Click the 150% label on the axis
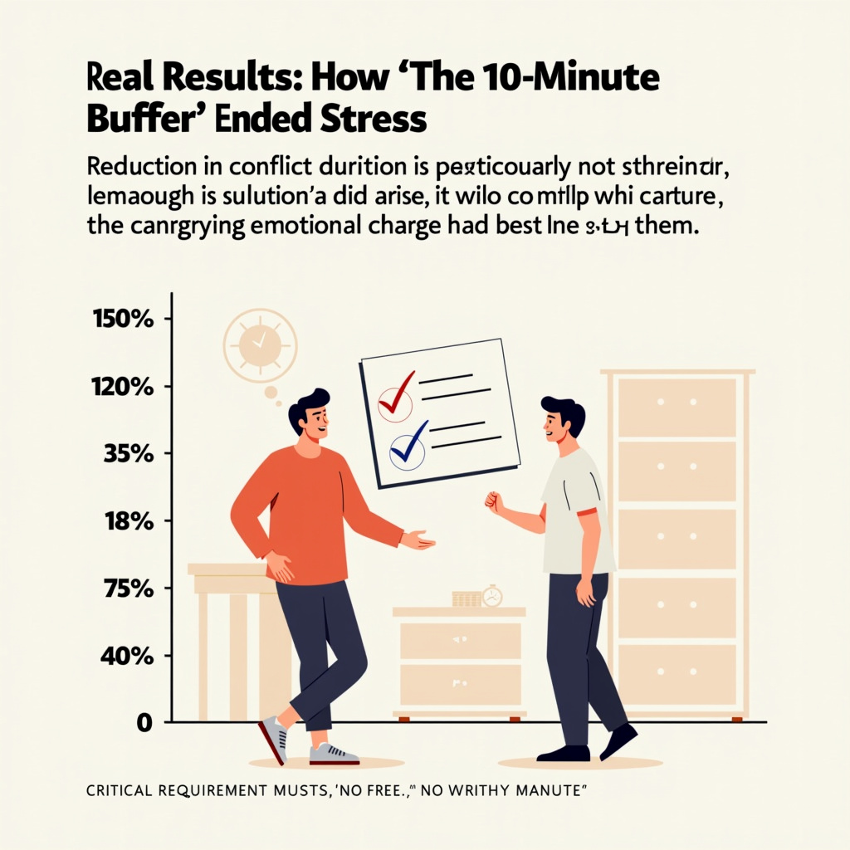click(125, 320)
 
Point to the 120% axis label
click(125, 387)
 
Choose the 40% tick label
click(127, 657)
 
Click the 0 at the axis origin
click(144, 723)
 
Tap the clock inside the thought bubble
click(258, 343)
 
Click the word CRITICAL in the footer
click(122, 791)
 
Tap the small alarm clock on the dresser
click(492, 595)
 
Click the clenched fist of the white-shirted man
click(494, 502)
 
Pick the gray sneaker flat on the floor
click(334, 754)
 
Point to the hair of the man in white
click(565, 411)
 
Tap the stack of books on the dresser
click(467, 598)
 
